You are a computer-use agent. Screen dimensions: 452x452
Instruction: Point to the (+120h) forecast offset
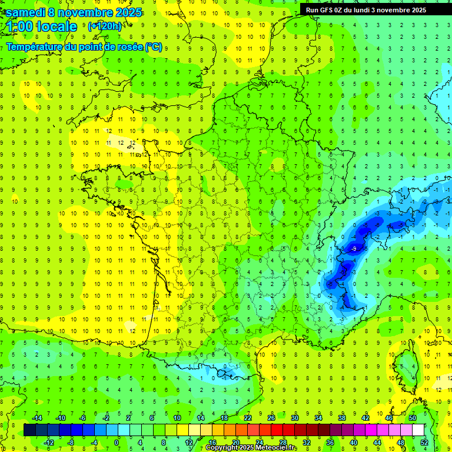tap(104, 26)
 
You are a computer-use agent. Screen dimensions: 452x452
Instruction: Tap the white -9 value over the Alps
tap(353, 250)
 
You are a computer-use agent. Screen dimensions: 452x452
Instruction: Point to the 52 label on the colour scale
tap(423, 443)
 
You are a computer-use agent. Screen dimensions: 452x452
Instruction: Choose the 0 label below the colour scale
tap(117, 443)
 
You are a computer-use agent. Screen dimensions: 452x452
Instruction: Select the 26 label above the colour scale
tap(271, 418)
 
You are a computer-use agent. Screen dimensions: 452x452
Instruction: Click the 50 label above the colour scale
tap(412, 418)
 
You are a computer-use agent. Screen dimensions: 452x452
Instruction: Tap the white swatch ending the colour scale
tap(418, 430)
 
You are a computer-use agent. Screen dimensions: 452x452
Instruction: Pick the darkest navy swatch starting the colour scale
tap(29, 430)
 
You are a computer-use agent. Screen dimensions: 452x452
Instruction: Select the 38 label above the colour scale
tap(341, 418)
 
